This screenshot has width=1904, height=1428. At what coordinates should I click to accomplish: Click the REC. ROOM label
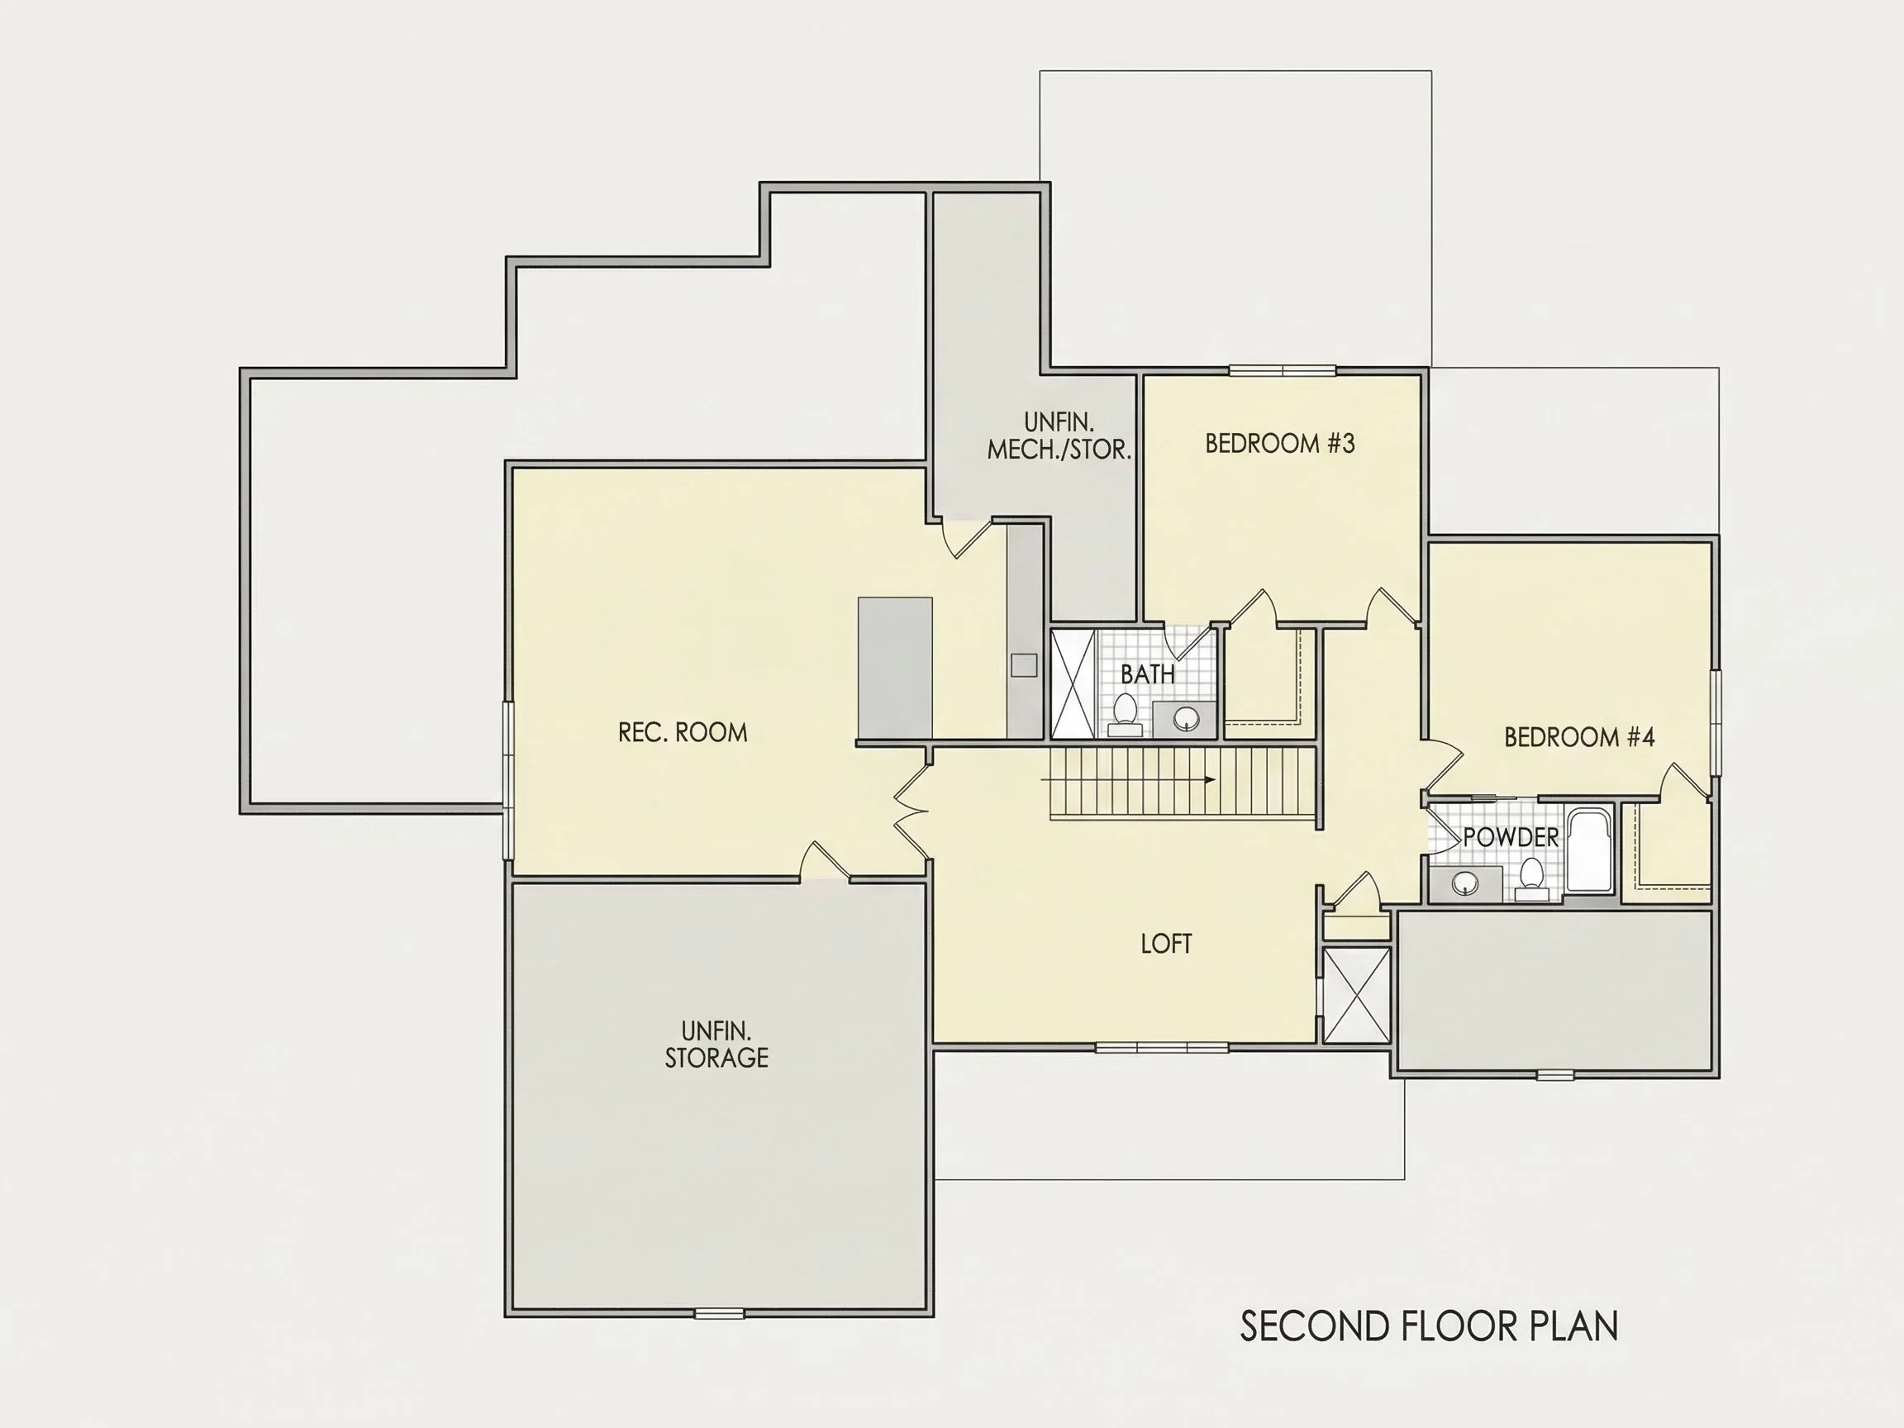683,732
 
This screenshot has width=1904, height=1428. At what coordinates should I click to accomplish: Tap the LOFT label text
1166,945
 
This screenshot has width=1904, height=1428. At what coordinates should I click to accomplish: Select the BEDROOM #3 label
1280,443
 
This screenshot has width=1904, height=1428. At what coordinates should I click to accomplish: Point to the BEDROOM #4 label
1579,737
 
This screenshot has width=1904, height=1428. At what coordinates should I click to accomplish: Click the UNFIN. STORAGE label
716,1044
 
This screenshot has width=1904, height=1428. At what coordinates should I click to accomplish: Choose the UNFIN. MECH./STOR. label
1059,436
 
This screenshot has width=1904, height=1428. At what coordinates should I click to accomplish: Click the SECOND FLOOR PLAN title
1429,1326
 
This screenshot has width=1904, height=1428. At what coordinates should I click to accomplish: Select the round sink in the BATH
1187,718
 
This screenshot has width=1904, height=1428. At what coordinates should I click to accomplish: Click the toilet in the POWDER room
1531,878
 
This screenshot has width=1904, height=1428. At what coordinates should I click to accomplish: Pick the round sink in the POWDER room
1465,883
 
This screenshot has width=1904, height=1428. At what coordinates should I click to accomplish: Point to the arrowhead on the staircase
1209,780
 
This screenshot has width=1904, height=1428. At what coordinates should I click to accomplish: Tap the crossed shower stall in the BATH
1073,683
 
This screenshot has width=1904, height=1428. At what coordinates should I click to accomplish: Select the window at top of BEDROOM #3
1282,371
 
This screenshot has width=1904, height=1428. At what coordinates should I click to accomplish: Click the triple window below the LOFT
1162,1048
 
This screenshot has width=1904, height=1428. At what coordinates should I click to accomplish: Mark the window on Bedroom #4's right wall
1716,723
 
